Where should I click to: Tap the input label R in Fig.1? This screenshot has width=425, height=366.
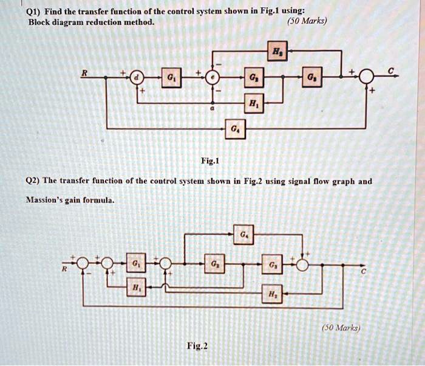point(85,71)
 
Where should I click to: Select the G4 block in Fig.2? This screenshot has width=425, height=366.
point(243,233)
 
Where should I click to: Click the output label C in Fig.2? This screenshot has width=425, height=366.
point(364,272)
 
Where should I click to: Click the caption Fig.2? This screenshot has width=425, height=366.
point(197,347)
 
